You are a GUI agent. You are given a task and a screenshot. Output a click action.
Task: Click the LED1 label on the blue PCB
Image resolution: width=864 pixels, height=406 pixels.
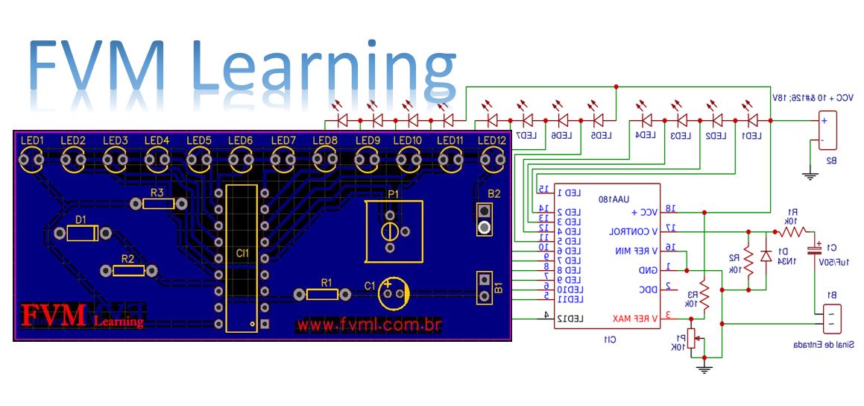[33, 140]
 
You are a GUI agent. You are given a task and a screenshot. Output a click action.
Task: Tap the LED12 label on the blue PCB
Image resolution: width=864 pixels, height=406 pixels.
[491, 140]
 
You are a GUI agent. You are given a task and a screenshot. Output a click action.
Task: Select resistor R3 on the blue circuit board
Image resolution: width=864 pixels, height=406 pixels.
[157, 204]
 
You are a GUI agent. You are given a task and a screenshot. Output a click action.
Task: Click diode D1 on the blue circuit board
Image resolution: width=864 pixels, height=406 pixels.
[82, 233]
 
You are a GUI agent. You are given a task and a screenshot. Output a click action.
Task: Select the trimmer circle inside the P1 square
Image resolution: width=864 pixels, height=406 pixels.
[389, 230]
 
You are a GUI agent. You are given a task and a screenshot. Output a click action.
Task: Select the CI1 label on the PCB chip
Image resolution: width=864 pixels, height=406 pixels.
[242, 254]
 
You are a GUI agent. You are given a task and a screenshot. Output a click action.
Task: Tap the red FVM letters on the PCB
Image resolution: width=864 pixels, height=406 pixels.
[54, 316]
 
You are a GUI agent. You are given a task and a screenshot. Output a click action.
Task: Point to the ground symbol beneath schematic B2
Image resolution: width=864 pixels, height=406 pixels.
[810, 176]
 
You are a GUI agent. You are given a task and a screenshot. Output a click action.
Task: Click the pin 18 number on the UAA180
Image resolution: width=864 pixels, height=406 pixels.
[670, 208]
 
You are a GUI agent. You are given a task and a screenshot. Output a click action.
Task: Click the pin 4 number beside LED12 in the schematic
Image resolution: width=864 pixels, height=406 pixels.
[546, 315]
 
